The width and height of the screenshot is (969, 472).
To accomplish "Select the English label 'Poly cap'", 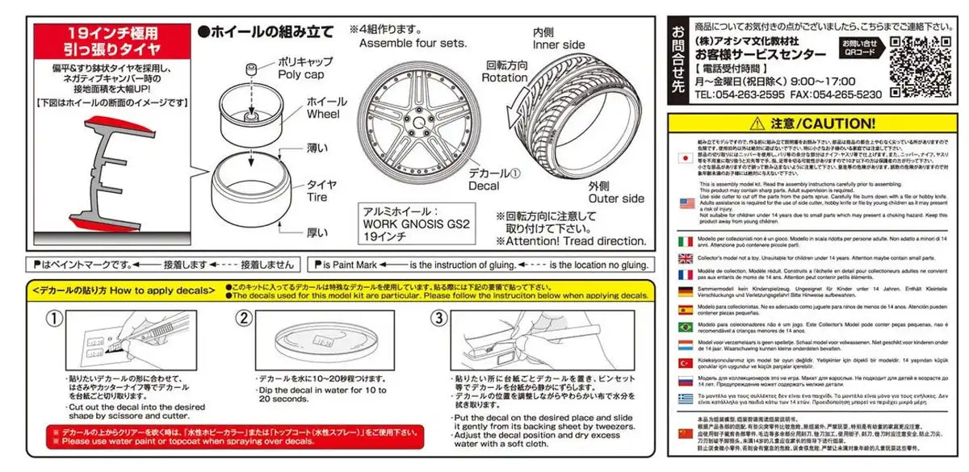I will point(300,74).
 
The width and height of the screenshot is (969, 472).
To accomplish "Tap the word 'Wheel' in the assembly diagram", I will point(323,114).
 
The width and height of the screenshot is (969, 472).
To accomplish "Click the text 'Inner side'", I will point(558,44).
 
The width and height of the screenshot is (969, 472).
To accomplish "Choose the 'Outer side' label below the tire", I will point(616,198).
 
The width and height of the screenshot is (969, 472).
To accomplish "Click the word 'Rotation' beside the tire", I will point(505,77).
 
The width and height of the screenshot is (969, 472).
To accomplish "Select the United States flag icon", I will point(686,203).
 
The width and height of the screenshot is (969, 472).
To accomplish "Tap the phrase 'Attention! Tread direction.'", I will point(571,240).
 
